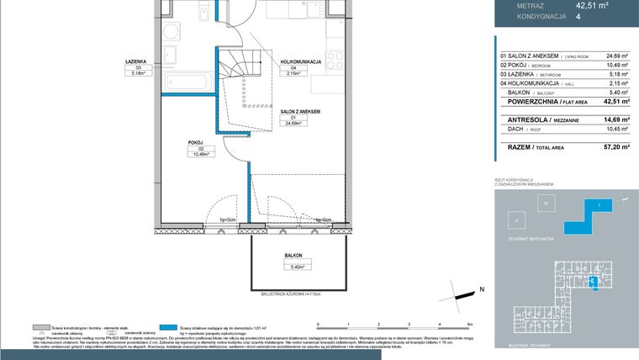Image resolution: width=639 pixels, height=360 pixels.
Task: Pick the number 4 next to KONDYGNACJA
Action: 578,14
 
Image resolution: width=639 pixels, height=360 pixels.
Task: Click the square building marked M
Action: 545,204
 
